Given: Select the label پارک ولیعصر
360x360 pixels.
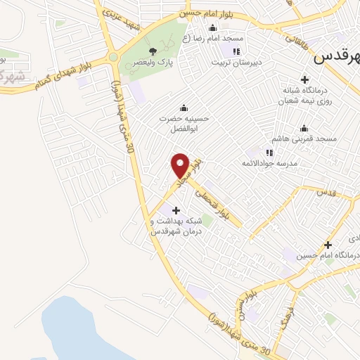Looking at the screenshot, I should [153, 63].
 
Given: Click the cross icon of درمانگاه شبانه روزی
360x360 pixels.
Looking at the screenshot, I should [304, 79].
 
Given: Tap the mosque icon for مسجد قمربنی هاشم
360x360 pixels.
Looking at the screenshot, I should [304, 128].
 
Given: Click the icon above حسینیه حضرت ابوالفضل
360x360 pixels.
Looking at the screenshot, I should [184, 107].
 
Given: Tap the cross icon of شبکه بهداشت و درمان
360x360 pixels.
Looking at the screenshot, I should [175, 210].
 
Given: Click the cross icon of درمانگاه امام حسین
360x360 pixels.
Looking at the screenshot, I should [328, 245].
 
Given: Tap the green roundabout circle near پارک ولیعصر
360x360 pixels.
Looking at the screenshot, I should [112, 58].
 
